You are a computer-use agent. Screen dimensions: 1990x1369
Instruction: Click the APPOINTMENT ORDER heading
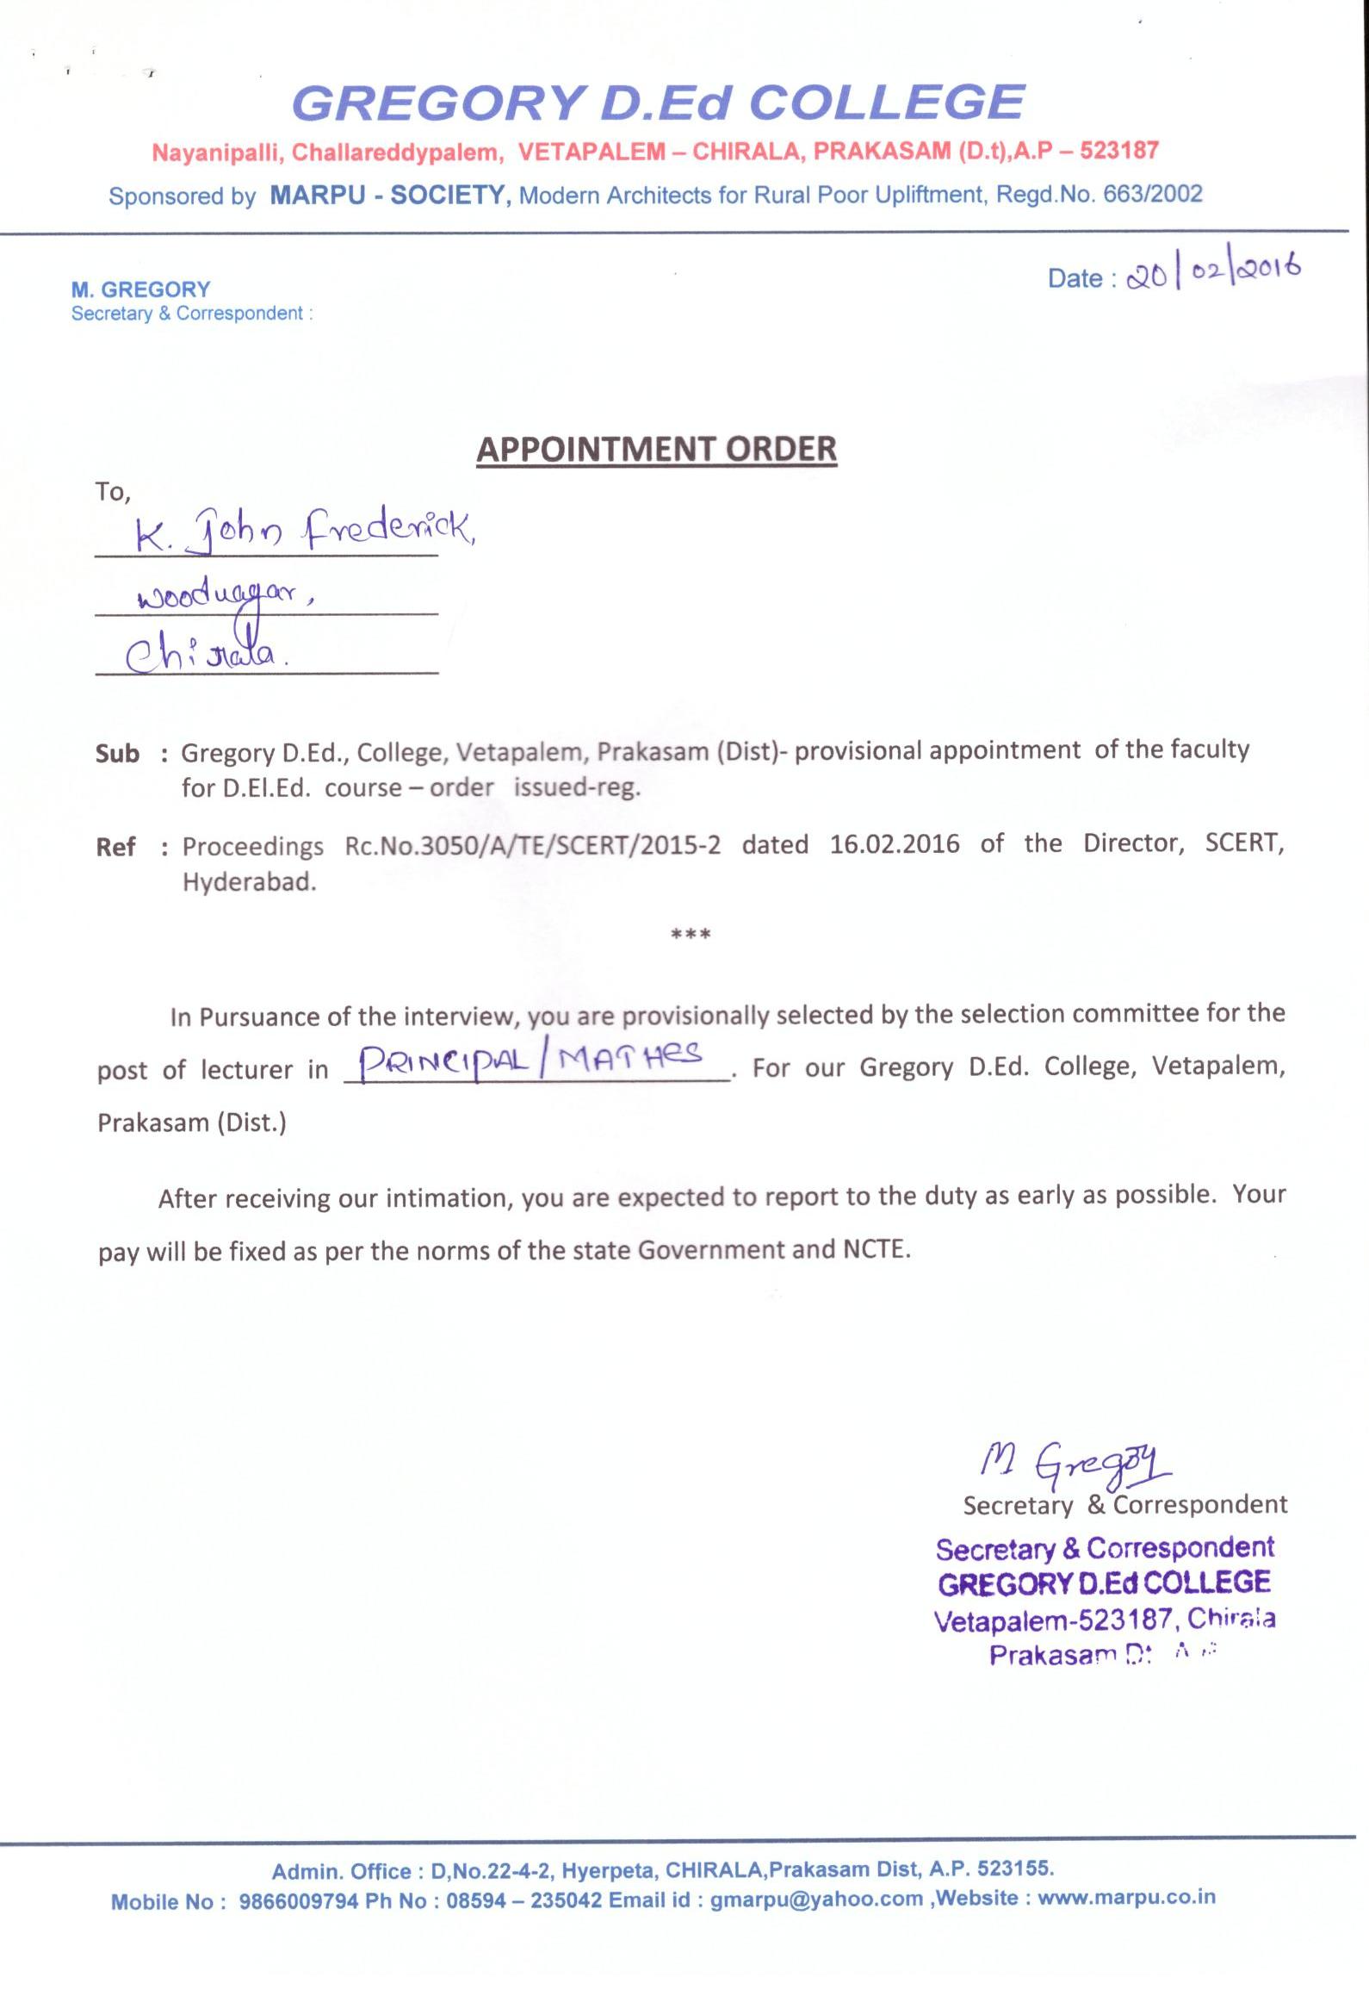pyautogui.click(x=656, y=449)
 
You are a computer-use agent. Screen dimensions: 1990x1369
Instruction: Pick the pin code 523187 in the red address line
pyautogui.click(x=1118, y=151)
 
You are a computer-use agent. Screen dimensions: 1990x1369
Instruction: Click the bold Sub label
pyautogui.click(x=117, y=754)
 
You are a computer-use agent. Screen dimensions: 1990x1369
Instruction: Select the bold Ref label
pyautogui.click(x=115, y=847)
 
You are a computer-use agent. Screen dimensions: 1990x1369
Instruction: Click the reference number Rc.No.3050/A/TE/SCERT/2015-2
pyautogui.click(x=532, y=845)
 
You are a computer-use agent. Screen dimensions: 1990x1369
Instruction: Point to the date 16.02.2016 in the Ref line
pyautogui.click(x=894, y=843)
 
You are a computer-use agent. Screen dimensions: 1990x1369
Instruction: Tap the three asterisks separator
pyautogui.click(x=691, y=934)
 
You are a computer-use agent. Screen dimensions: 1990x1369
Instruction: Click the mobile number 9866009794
pyautogui.click(x=298, y=1900)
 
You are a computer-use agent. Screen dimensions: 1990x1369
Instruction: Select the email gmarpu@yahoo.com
pyautogui.click(x=816, y=1899)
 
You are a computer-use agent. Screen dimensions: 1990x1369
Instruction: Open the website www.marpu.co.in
pyautogui.click(x=1126, y=1897)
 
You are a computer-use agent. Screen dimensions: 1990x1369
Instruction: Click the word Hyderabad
pyautogui.click(x=249, y=882)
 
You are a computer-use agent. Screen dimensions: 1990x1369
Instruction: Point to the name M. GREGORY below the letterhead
pyautogui.click(x=140, y=289)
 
